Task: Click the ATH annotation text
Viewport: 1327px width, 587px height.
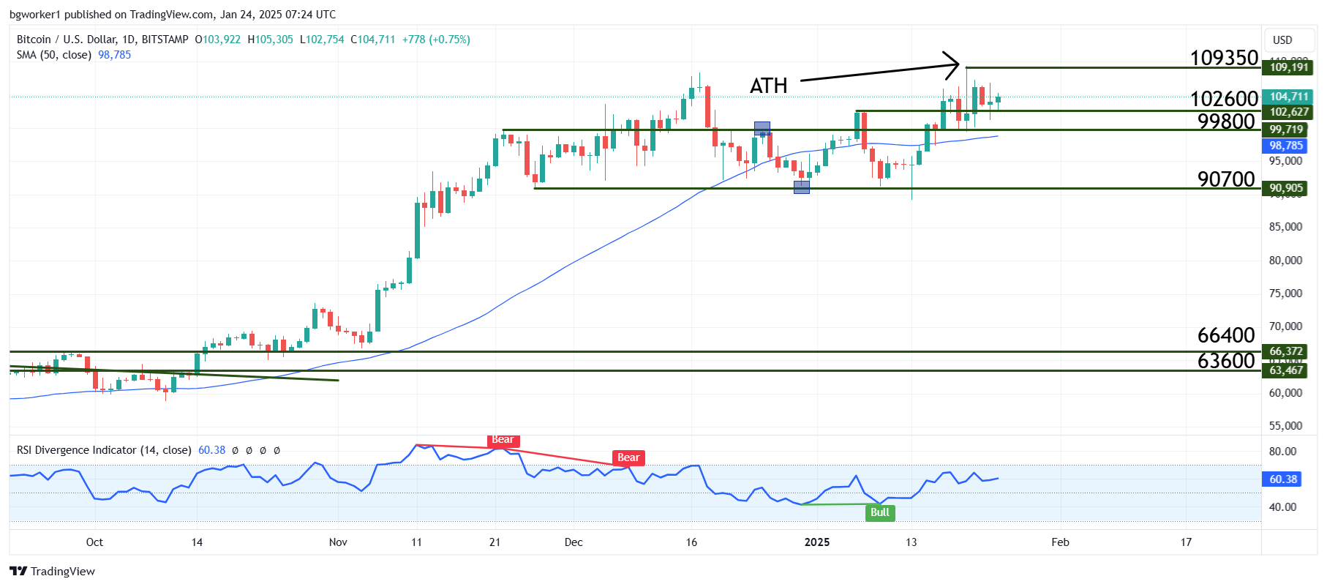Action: coord(768,86)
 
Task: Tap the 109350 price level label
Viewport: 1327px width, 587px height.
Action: coord(1224,58)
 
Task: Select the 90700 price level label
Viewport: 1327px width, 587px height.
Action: coord(1226,179)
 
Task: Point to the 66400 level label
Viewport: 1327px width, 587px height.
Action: coord(1226,335)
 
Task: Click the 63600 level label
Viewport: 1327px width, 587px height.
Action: coord(1226,360)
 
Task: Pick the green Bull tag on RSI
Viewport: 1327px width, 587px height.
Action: coord(880,512)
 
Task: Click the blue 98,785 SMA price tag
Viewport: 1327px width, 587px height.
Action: coord(1286,146)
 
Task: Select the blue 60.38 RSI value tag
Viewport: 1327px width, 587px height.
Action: coord(1283,479)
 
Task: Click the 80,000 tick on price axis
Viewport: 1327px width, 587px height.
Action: coord(1285,261)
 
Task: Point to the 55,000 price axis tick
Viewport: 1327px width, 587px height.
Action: coord(1285,426)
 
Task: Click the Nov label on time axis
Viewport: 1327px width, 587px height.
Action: coord(338,542)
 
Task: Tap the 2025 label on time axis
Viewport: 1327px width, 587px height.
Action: coord(817,542)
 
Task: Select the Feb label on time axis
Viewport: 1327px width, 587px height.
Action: coord(1060,542)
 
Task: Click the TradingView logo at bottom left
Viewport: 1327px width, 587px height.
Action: coord(52,572)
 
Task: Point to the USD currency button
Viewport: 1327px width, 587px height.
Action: coord(1282,40)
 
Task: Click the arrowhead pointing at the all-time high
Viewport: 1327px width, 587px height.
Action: coord(954,64)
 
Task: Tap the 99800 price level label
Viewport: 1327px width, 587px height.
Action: coord(1226,121)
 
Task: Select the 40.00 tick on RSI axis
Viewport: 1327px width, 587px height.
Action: coord(1282,506)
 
